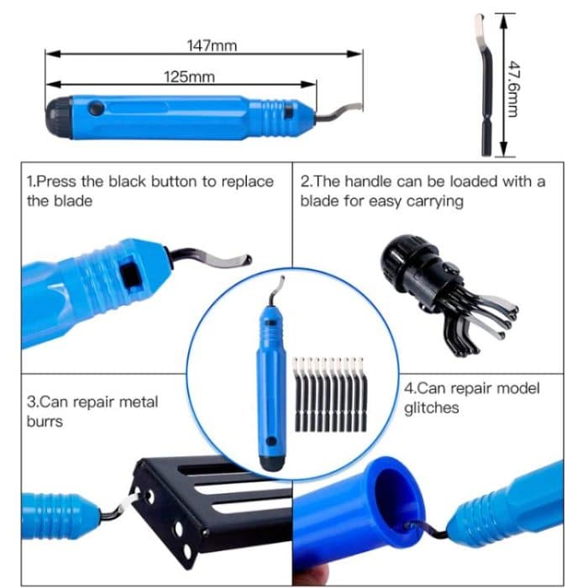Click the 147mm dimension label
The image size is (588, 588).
[x=211, y=45]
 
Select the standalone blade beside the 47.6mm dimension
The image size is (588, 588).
[x=485, y=84]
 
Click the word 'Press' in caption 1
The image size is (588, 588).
[x=57, y=181]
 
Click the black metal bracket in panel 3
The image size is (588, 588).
[x=210, y=504]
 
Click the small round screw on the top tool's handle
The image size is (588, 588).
[x=97, y=108]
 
